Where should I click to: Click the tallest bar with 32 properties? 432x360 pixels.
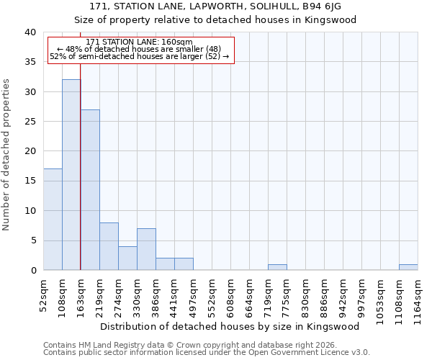coord(71,175)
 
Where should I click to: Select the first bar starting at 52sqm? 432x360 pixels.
coord(53,220)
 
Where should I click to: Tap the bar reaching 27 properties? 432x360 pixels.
coord(90,190)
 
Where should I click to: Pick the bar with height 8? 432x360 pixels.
coord(109,246)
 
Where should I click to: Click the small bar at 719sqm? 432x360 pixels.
coord(277,267)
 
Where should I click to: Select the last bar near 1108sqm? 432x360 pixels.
coord(408,267)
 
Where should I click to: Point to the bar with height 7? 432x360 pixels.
coord(146,249)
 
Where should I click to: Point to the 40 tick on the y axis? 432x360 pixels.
coord(30,32)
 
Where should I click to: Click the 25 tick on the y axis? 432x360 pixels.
coord(30,122)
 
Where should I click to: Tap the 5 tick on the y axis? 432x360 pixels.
coord(32,240)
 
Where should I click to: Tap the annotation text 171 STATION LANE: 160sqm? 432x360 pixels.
coord(139,42)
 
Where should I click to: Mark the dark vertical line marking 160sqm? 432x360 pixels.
coord(80,180)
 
